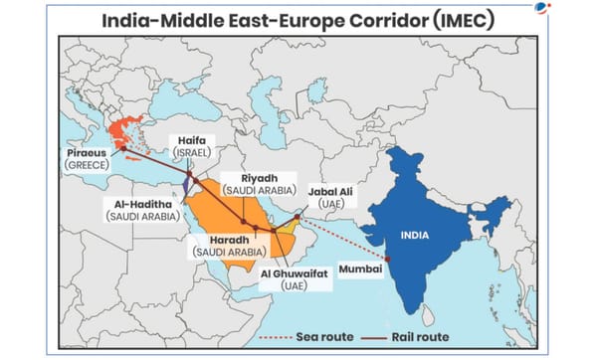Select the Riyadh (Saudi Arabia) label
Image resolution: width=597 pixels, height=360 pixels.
click(x=256, y=182)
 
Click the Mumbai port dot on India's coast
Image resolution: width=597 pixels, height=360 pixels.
click(x=388, y=260)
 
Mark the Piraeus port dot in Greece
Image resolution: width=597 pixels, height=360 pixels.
click(x=124, y=148)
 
